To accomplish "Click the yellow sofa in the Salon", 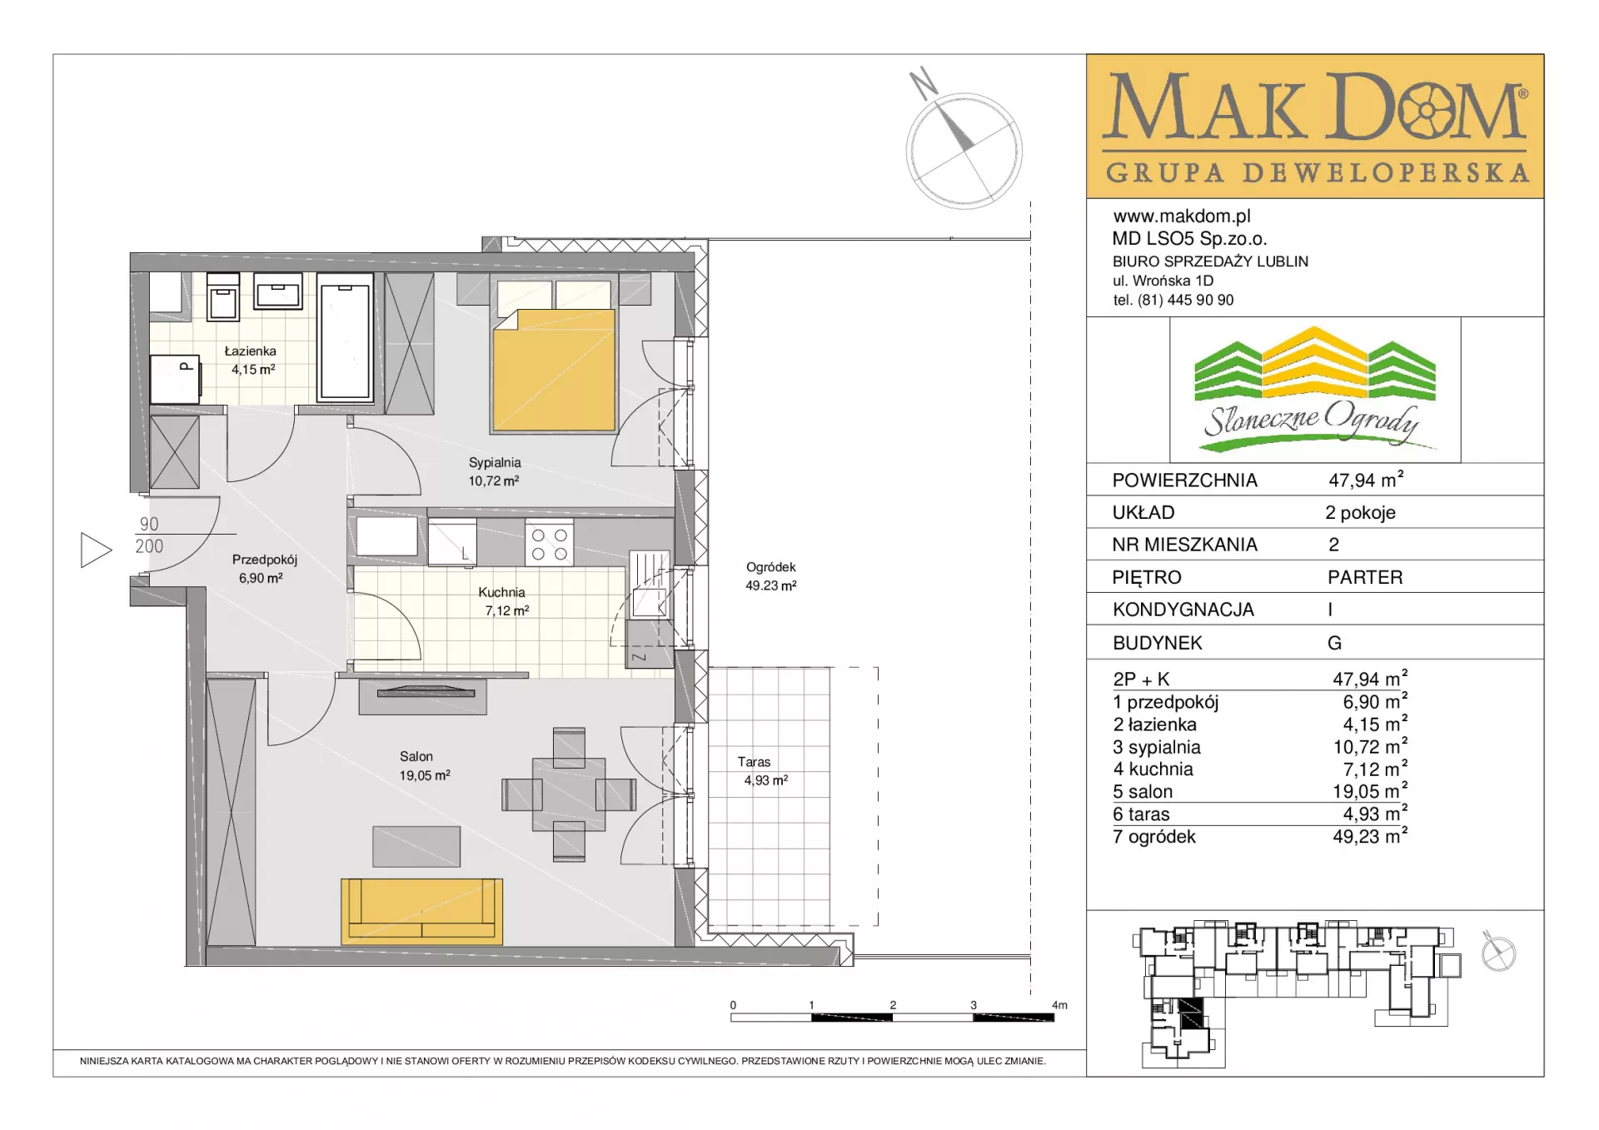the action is click(421, 911).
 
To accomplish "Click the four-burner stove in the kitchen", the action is click(550, 543).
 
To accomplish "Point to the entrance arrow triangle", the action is click(96, 550).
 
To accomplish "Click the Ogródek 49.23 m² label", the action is click(771, 576).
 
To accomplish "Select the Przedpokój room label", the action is click(264, 560).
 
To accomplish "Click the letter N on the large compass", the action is click(924, 83).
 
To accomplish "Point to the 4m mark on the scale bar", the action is click(1059, 1005).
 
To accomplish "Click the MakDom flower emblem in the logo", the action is click(1427, 110).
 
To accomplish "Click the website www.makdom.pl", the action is click(1182, 217).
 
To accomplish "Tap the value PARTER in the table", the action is click(1365, 577).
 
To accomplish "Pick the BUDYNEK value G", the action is click(1334, 643).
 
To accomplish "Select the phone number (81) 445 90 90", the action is click(1186, 301).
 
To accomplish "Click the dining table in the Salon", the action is click(569, 794).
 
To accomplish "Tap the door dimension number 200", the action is click(150, 546).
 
